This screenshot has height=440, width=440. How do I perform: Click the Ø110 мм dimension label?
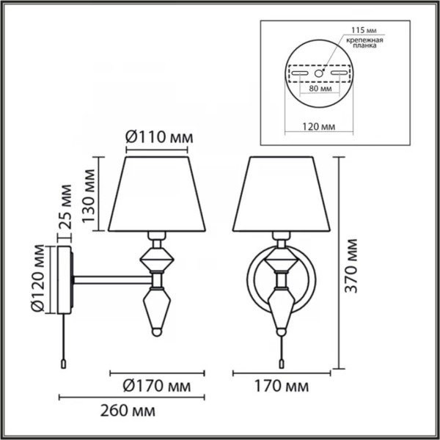[159, 138]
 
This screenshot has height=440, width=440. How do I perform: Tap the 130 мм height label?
[89, 196]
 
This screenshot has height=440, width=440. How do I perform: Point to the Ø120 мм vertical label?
[37, 278]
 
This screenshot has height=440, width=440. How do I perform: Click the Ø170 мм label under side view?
[157, 386]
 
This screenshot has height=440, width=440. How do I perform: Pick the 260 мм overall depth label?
[128, 411]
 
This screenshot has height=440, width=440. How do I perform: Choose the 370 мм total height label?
[351, 266]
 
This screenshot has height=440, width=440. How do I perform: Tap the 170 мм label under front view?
[282, 386]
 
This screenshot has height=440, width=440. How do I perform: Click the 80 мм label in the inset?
[320, 89]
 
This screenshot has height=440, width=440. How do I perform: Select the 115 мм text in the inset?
[364, 30]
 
